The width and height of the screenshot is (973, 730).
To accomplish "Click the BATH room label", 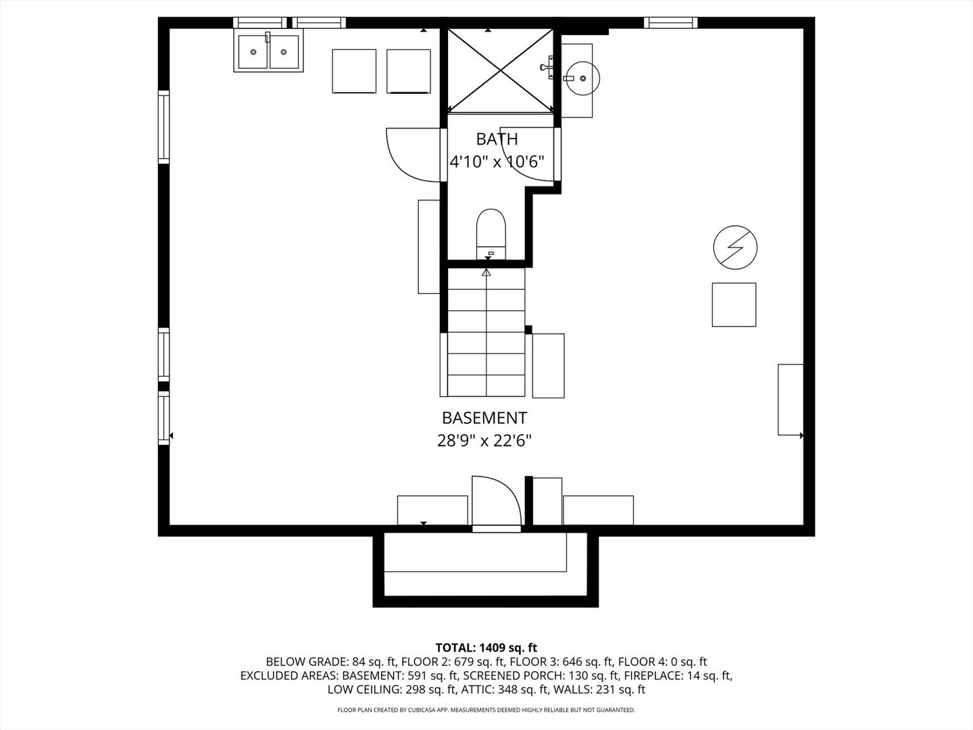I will (x=497, y=139).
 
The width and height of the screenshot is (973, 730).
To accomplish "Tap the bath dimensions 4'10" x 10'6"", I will (x=497, y=162).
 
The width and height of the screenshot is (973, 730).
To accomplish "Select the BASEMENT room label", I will (x=484, y=418).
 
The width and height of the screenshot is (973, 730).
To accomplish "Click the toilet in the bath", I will (x=491, y=231).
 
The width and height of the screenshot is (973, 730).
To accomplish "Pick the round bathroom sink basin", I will (x=582, y=78).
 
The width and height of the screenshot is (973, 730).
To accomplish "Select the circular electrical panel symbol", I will (x=735, y=248).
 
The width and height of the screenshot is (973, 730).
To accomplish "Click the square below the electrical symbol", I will (x=734, y=305).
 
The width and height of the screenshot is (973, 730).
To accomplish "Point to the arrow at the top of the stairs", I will (x=486, y=272).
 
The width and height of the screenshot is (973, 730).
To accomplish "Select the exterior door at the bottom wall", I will (x=496, y=502).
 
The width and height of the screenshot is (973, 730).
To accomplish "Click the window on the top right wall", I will (x=670, y=23).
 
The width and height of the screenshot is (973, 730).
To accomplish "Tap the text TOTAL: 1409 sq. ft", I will (x=486, y=648).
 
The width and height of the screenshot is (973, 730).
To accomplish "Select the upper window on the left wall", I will (x=164, y=127).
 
